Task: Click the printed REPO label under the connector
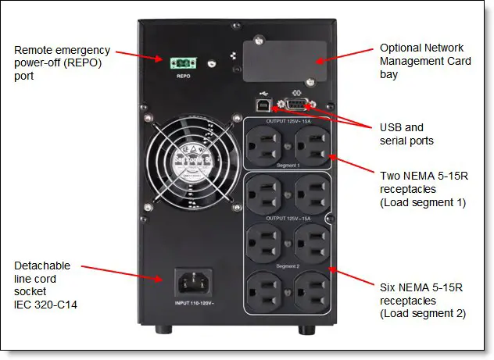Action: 184,76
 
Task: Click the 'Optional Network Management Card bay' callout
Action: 418,61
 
